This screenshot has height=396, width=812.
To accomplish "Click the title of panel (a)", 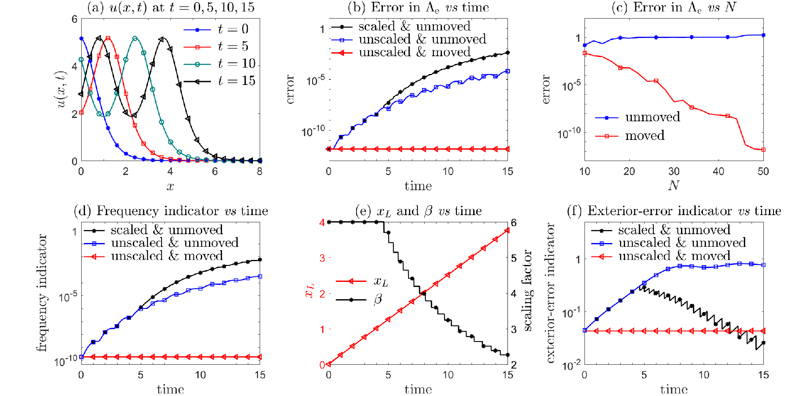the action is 170,7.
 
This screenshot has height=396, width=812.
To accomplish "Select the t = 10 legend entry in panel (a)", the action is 220,64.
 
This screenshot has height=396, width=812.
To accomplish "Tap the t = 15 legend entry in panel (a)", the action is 220,81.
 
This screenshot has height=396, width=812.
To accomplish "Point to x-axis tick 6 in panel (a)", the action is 215,171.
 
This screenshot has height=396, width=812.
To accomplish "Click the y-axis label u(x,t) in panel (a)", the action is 62,90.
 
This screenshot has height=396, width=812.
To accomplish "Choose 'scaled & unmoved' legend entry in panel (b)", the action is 401,26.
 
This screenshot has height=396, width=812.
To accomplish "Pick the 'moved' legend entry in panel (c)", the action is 630,136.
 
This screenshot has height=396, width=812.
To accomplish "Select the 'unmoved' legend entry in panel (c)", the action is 638,117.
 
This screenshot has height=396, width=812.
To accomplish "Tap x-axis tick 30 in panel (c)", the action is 674,171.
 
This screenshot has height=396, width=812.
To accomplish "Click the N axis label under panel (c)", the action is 674,186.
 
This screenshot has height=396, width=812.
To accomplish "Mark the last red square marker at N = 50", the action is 763,150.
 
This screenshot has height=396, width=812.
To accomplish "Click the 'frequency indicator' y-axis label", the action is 41,292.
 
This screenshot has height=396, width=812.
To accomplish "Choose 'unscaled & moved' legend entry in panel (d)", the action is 154,256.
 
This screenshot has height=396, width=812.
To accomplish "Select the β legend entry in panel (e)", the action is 359,300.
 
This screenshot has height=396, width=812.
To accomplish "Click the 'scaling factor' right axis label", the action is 527,290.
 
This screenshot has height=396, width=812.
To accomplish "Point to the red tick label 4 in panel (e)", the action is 323,222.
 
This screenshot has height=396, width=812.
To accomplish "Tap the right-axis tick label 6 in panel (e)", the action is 514,223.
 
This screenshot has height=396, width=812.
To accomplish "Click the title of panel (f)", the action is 674,211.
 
